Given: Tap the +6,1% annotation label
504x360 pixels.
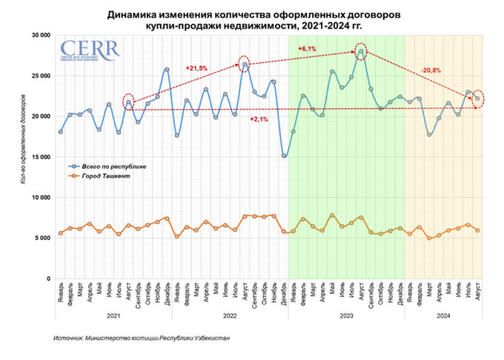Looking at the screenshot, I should click(x=306, y=49).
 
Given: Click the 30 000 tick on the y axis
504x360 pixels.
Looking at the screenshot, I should click(x=39, y=35).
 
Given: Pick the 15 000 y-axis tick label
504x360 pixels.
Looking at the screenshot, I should click(x=39, y=157).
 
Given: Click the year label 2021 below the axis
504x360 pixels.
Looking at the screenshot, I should click(x=113, y=314).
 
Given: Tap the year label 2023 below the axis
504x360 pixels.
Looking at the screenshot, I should click(x=347, y=314).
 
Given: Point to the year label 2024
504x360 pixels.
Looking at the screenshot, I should click(x=442, y=314).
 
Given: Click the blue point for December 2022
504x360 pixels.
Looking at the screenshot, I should click(x=284, y=156).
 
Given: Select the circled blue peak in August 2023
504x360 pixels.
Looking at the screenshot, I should click(x=361, y=51).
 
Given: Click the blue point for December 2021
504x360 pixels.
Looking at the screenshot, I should click(x=167, y=70).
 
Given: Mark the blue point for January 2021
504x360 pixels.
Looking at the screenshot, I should click(x=61, y=132).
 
